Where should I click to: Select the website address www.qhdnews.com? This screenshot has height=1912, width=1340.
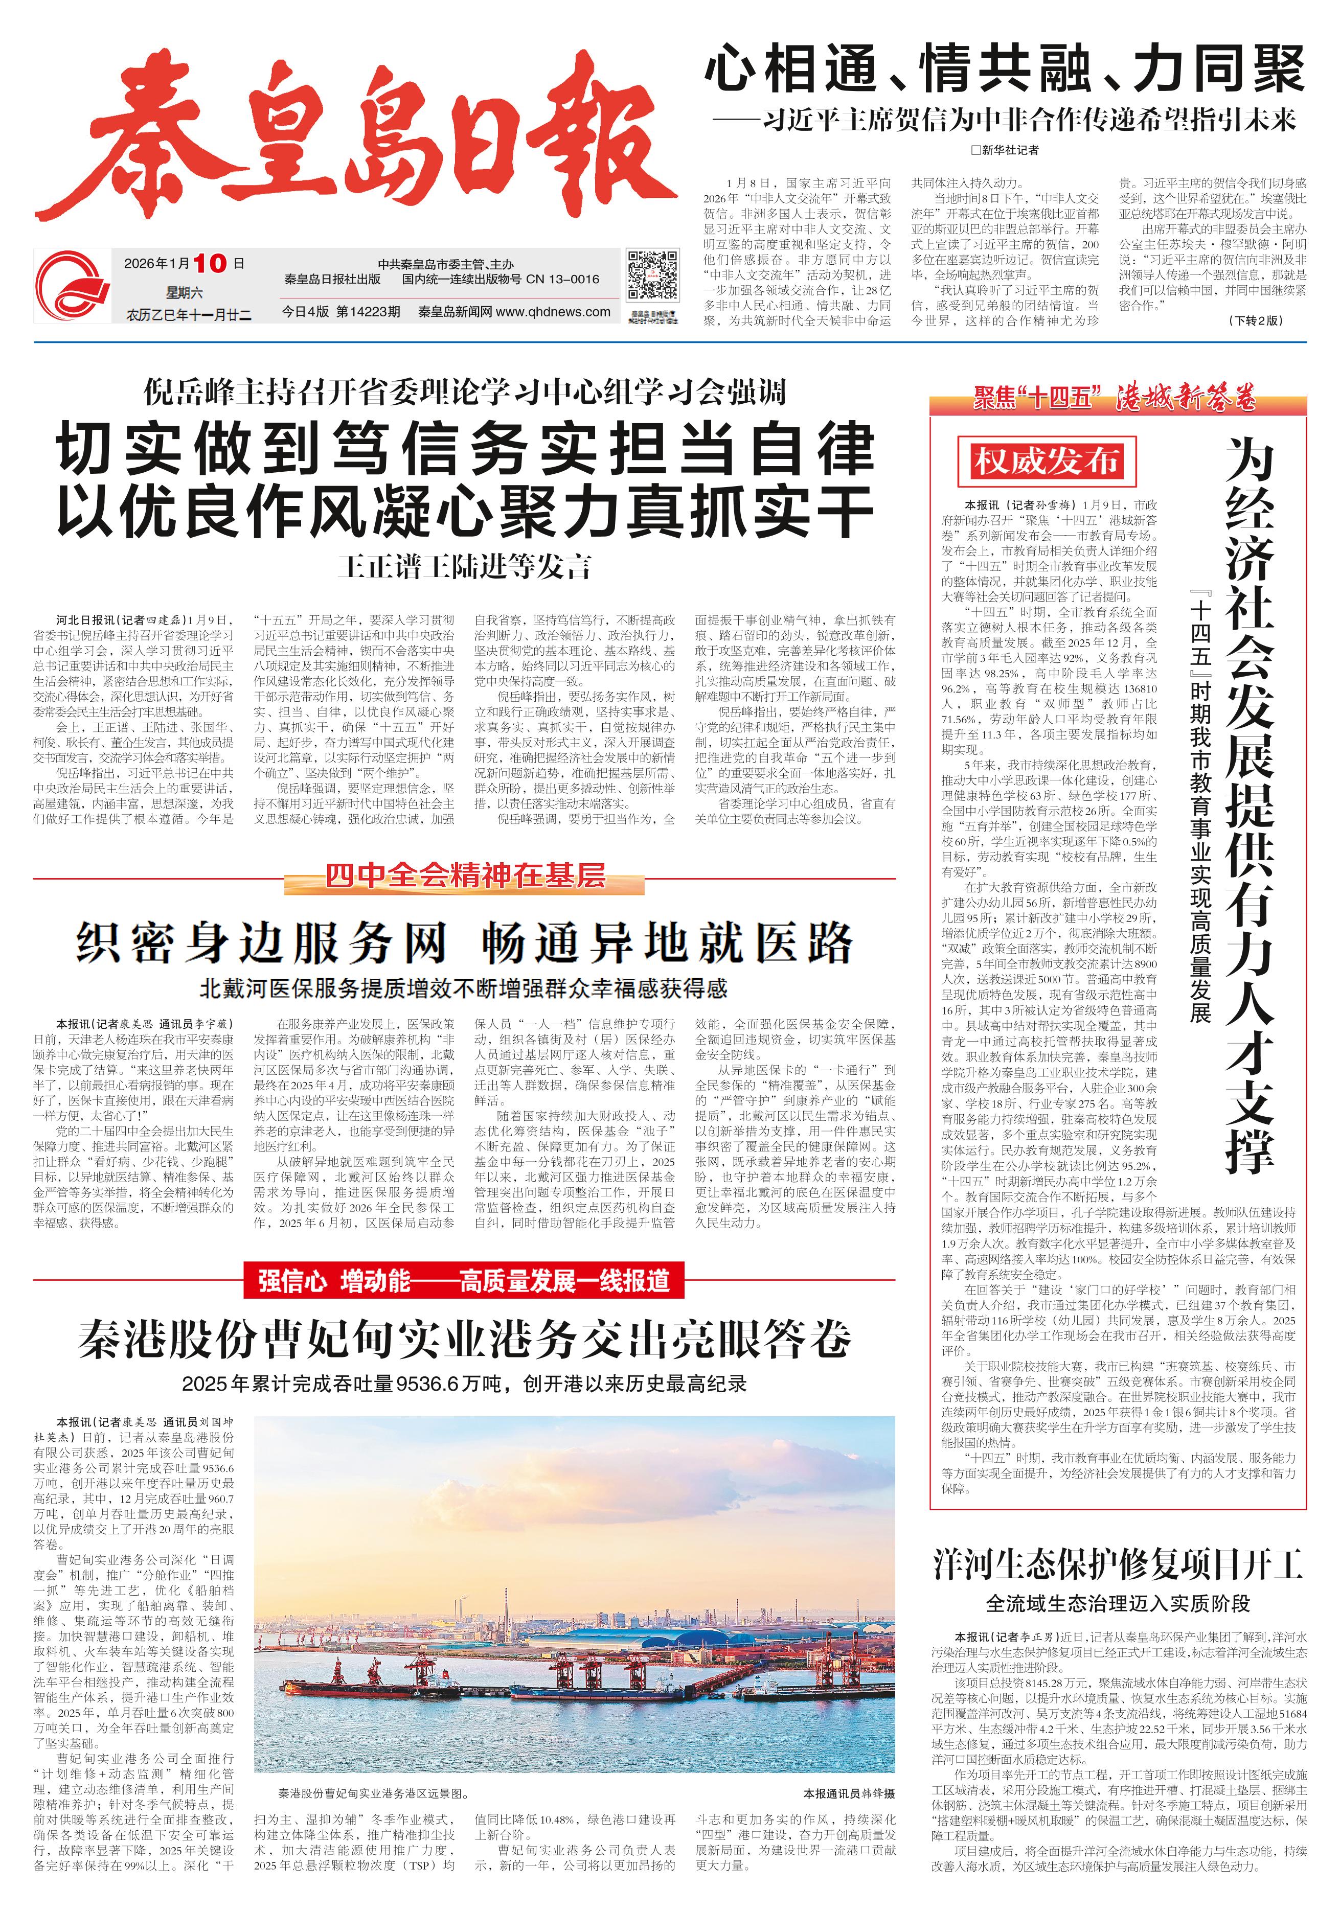[x=553, y=312]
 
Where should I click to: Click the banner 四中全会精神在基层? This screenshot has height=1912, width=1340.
[x=465, y=876]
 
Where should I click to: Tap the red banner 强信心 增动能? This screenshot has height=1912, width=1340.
[x=464, y=1280]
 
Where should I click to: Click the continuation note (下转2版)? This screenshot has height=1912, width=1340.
[x=1255, y=320]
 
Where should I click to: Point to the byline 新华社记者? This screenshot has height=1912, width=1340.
[x=1005, y=150]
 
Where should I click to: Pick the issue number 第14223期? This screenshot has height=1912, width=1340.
[x=368, y=312]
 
